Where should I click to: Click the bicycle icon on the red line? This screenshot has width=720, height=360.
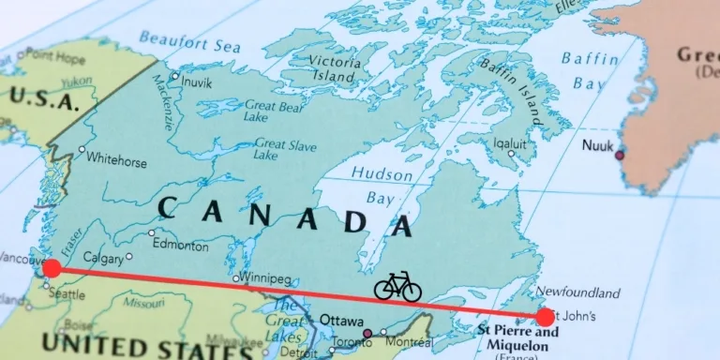pos(397,286)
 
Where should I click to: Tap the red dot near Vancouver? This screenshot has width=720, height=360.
pos(52,269)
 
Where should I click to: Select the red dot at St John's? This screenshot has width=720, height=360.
pos(545,317)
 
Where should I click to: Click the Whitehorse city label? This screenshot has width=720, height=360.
pos(118,162)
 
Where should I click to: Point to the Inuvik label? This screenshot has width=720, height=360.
pos(196,82)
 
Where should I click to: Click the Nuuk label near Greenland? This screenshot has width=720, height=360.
pos(597,145)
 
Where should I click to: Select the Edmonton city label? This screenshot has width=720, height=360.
pos(181,246)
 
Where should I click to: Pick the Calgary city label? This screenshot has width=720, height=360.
pos(103,257)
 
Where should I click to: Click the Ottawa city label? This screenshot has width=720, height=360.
pos(341,320)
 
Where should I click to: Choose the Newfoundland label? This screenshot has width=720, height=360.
pos(577,292)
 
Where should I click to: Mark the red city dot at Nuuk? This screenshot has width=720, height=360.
pos(619,155)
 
